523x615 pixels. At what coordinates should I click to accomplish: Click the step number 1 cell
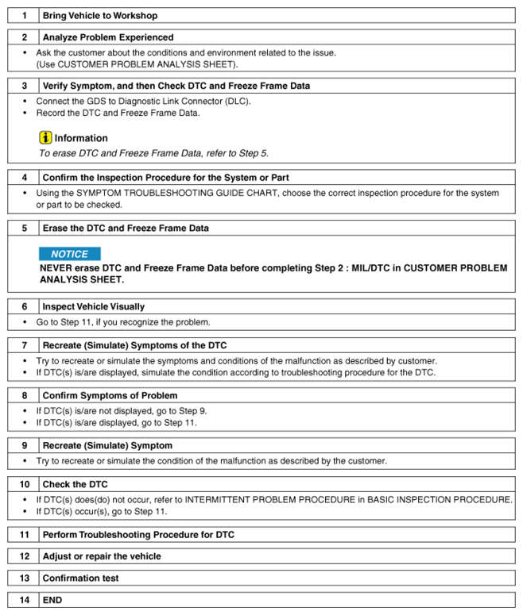click(x=24, y=15)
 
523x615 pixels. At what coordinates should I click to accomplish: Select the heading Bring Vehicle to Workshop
click(x=100, y=15)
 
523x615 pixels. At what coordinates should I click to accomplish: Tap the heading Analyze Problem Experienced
click(x=108, y=37)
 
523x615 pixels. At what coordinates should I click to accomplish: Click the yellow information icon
click(x=45, y=137)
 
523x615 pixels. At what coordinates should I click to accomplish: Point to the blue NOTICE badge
click(x=70, y=254)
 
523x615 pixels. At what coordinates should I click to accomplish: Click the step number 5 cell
click(x=24, y=228)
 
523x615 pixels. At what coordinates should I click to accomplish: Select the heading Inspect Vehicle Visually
click(x=94, y=306)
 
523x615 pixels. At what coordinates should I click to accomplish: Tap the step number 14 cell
click(x=24, y=600)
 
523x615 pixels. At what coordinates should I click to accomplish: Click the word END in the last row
click(x=52, y=600)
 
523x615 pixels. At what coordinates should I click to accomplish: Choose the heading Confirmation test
click(x=81, y=578)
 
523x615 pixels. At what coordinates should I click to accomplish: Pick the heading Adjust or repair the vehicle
click(x=102, y=556)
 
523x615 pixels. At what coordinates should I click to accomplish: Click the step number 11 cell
click(x=24, y=535)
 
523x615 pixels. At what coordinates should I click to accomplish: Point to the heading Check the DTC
click(x=76, y=484)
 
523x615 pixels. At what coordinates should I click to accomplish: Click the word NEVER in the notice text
click(x=56, y=268)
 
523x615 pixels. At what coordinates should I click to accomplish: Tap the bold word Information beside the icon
click(x=81, y=138)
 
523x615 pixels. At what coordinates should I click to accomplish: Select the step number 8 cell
click(x=24, y=395)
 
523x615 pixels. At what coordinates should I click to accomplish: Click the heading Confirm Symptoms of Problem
click(x=110, y=395)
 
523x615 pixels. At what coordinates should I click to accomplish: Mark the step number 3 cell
click(x=24, y=85)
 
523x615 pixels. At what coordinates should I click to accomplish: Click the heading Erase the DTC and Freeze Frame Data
click(x=126, y=228)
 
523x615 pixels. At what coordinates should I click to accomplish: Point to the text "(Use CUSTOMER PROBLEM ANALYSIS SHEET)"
click(x=137, y=63)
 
